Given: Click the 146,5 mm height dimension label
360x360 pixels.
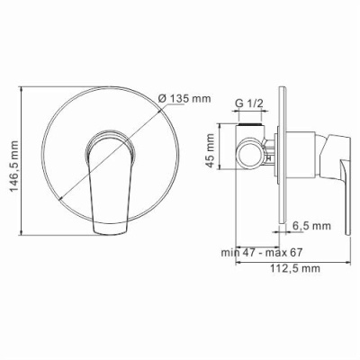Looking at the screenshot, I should point(12,157).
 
